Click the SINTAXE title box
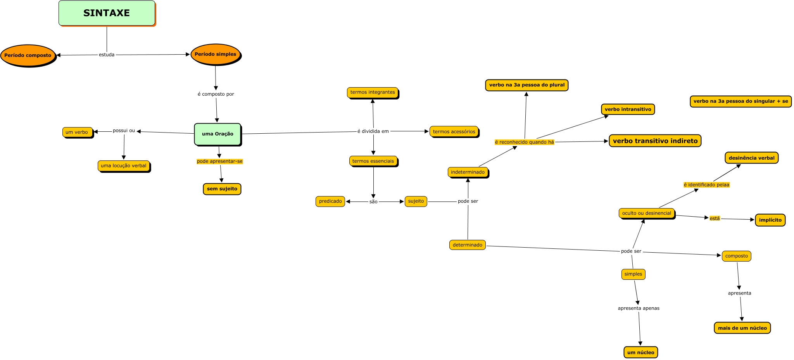click(107, 13)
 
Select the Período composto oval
click(28, 55)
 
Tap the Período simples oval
click(216, 54)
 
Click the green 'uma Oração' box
click(217, 134)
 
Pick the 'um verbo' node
click(77, 132)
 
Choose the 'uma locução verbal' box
click(124, 166)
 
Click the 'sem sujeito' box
click(222, 189)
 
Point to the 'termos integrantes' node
click(373, 92)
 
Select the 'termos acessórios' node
click(454, 132)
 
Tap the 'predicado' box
click(330, 202)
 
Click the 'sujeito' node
click(416, 202)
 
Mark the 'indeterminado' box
click(468, 172)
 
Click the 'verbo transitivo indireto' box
click(655, 141)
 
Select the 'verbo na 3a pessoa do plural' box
click(527, 85)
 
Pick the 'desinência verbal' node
click(752, 158)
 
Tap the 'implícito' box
click(770, 220)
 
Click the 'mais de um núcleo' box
click(742, 328)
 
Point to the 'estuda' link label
click(107, 55)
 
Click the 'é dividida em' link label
click(373, 131)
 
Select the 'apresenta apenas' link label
click(639, 308)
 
